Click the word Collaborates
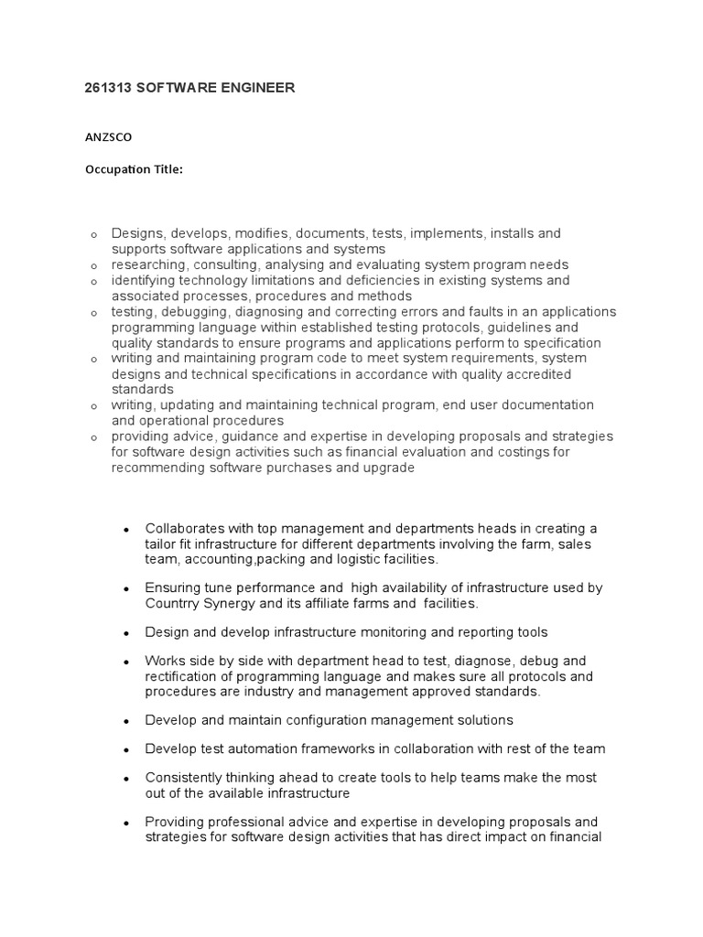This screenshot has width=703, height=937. pyautogui.click(x=185, y=528)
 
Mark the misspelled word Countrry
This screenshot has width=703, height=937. pyautogui.click(x=174, y=604)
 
